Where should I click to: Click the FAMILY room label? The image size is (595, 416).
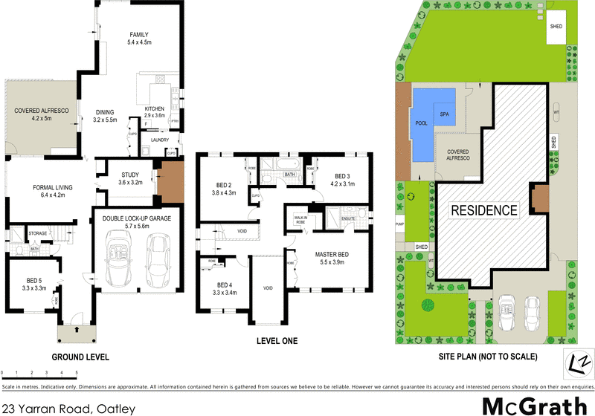(x=139, y=35)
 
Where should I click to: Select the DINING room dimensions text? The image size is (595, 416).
(x=105, y=120)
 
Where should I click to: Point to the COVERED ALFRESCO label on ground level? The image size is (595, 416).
(x=42, y=111)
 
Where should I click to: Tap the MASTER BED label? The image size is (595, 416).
(x=332, y=254)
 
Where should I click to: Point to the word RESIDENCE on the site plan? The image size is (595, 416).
(x=484, y=210)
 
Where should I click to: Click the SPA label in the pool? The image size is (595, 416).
(x=445, y=114)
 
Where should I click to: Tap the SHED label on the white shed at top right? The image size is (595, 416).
(x=556, y=26)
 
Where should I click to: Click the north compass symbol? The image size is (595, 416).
(x=576, y=362)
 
